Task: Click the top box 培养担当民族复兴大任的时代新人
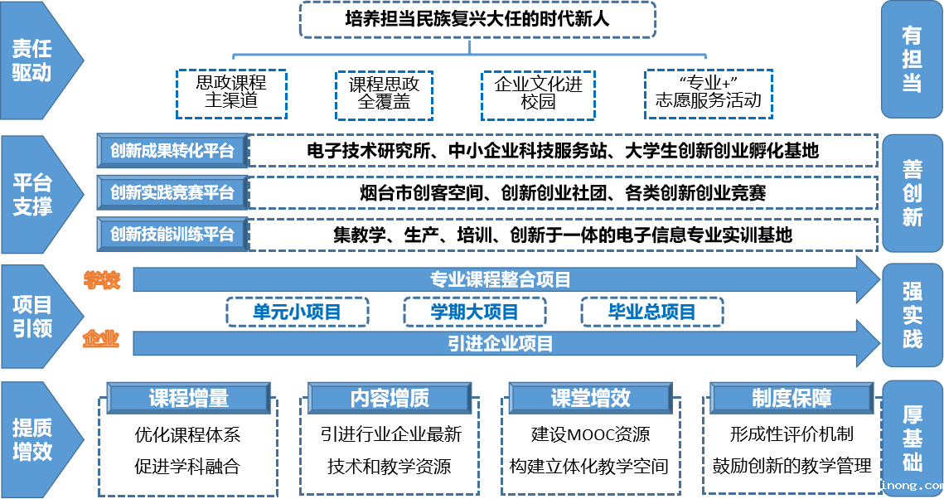click(x=477, y=19)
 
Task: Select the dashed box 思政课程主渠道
click(x=231, y=94)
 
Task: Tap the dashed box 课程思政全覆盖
click(x=384, y=95)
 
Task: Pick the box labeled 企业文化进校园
click(x=538, y=95)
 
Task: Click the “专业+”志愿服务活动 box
click(x=709, y=94)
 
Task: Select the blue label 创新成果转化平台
click(x=172, y=151)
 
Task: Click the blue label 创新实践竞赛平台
click(x=172, y=192)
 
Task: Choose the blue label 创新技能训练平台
click(x=172, y=234)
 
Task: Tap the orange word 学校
click(x=102, y=280)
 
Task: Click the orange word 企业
click(x=101, y=339)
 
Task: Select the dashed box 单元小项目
click(x=298, y=312)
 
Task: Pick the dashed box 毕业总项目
click(x=652, y=312)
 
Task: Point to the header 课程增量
click(x=189, y=398)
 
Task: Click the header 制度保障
click(x=792, y=398)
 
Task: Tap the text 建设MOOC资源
click(x=591, y=434)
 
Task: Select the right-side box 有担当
click(x=912, y=59)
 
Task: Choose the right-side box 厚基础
click(x=913, y=438)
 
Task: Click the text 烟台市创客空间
click(x=422, y=192)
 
